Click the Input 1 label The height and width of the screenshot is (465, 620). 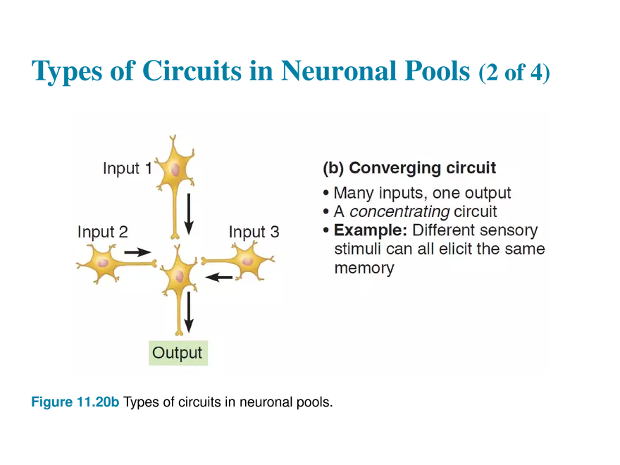coord(127,168)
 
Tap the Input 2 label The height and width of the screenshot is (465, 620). coord(102,232)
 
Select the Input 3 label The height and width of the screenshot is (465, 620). coord(254,232)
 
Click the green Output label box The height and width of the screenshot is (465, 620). coord(178,353)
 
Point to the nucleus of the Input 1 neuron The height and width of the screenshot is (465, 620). coord(173,170)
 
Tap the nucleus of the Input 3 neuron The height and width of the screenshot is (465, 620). coord(247,261)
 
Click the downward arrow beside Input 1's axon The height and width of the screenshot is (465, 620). coord(188,215)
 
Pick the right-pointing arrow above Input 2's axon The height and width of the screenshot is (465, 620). coord(138,252)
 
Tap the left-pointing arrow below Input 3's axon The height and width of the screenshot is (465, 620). coord(219,278)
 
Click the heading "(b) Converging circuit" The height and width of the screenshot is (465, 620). coord(409,168)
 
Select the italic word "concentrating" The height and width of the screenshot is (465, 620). coord(399,211)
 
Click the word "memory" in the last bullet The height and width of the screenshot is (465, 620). coord(364,268)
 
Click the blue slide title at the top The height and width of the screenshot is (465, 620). coord(290,73)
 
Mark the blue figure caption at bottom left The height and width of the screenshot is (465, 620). coord(76,404)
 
